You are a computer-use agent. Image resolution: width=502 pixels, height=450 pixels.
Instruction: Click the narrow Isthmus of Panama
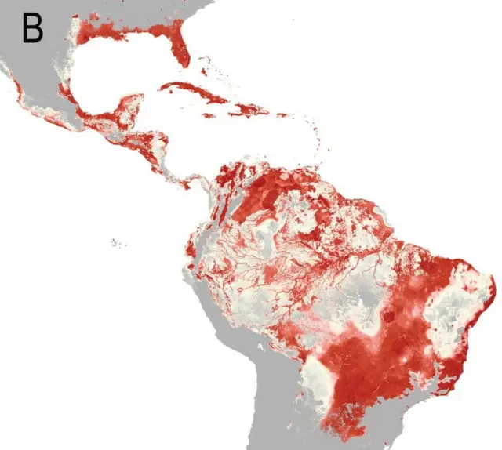coord(188,182)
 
